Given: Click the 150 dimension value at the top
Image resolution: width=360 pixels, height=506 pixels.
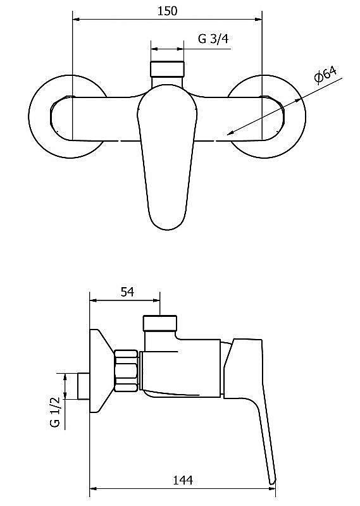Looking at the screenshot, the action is (x=167, y=11).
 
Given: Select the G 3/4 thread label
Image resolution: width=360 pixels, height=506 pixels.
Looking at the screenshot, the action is (x=213, y=39).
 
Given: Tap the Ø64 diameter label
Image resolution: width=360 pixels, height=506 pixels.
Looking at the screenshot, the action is (x=325, y=75).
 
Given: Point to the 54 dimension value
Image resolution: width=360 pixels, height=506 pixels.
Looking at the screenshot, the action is (x=127, y=292).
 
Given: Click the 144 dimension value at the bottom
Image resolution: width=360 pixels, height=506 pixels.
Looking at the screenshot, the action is (x=183, y=480).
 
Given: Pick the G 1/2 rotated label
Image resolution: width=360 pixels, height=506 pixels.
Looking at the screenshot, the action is (x=55, y=412).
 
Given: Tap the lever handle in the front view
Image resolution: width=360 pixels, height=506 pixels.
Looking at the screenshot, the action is (x=167, y=157).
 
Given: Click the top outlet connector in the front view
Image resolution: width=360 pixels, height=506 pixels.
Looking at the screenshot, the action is (x=167, y=69).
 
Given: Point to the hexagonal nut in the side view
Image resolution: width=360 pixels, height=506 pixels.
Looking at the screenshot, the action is (x=127, y=371).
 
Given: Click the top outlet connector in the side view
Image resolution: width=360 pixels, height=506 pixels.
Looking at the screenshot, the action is (x=160, y=323).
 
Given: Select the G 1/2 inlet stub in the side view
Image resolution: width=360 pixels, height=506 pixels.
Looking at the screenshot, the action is (x=84, y=386).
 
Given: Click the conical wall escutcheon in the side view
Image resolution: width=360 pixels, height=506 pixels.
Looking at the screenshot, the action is (x=102, y=371).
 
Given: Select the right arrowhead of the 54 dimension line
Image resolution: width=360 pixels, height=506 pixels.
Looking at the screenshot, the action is (x=156, y=300).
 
